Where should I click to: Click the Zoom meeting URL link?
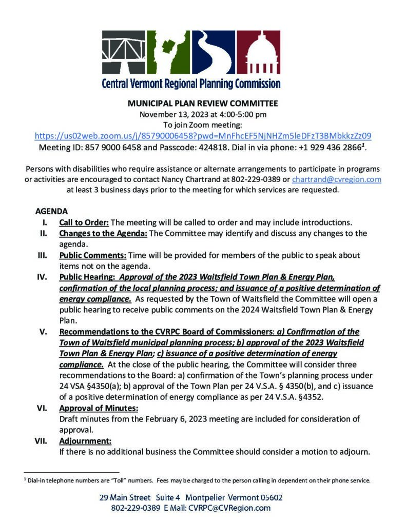(x=203, y=136)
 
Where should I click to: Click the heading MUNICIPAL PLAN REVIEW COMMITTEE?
(x=203, y=103)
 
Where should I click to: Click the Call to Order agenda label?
(x=84, y=223)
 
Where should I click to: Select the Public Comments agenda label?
(x=92, y=255)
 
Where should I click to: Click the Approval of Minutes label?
(x=99, y=408)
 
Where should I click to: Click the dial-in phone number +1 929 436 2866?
(x=330, y=147)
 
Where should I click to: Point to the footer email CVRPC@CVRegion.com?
(x=229, y=508)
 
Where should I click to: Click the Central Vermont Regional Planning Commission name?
(x=191, y=84)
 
